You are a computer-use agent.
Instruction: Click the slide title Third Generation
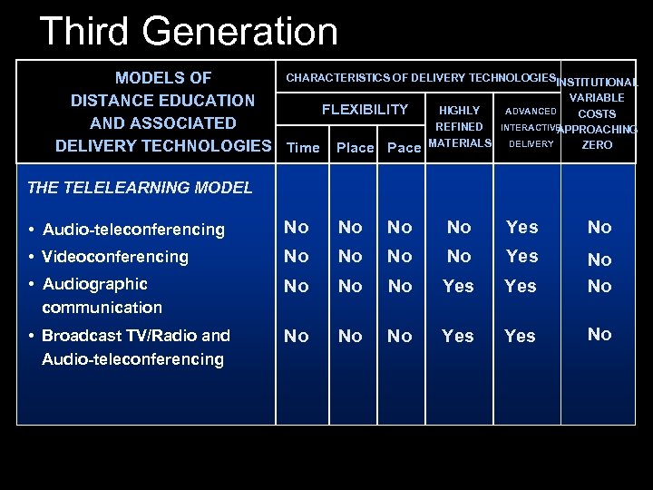pos(189,32)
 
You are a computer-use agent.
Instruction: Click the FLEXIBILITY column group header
pos(365,110)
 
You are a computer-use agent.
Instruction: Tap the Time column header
pos(303,147)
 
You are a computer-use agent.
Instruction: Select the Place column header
pos(355,147)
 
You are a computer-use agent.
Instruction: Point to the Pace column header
pos(404,147)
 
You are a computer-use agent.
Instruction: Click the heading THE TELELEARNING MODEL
pos(140,188)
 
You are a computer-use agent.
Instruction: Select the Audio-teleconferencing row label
pos(132,230)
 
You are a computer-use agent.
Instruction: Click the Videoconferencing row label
pos(114,257)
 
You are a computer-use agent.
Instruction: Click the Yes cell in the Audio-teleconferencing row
pos(521,228)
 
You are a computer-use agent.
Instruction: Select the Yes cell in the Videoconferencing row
pos(521,257)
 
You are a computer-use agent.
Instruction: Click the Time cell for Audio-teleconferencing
pos(297,228)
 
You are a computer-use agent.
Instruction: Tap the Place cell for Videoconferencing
pos(350,257)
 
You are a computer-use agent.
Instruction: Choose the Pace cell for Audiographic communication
pos(400,286)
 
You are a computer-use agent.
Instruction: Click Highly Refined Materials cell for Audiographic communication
pos(458,286)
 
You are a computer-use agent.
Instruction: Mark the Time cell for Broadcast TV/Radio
pos(297,336)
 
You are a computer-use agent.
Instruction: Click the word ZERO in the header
pos(597,145)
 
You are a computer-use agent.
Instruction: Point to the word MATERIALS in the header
pos(460,143)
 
